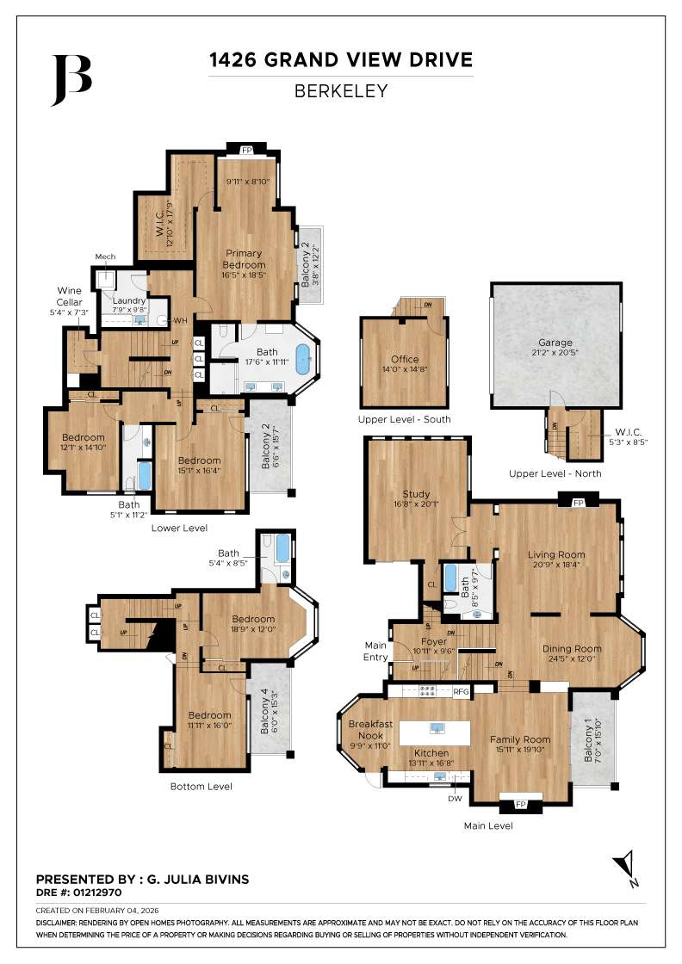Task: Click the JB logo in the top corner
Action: (71, 80)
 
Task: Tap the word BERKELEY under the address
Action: (340, 90)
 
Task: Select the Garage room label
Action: (555, 342)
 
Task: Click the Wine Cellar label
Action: (70, 295)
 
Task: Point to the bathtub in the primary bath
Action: (305, 359)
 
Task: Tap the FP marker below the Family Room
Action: (521, 805)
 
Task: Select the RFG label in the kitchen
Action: (462, 691)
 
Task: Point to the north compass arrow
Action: (627, 866)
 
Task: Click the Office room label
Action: (405, 359)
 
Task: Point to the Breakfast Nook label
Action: (370, 730)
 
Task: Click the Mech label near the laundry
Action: (105, 257)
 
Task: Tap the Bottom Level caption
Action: (201, 786)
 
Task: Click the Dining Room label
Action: (572, 649)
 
